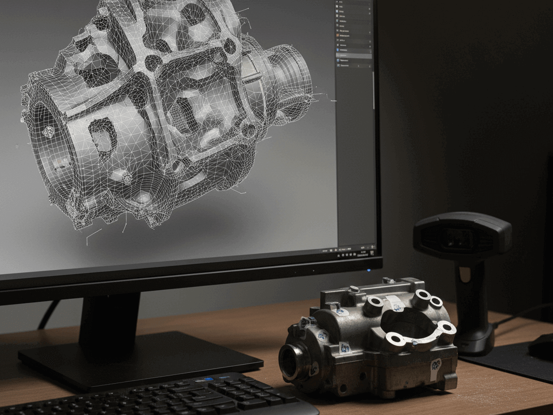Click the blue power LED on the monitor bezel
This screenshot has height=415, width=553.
coord(368,270)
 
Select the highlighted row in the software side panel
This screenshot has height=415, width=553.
coord(354,55)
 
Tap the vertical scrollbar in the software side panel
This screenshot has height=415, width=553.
coord(374,89)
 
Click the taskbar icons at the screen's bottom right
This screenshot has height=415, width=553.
coord(351,251)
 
